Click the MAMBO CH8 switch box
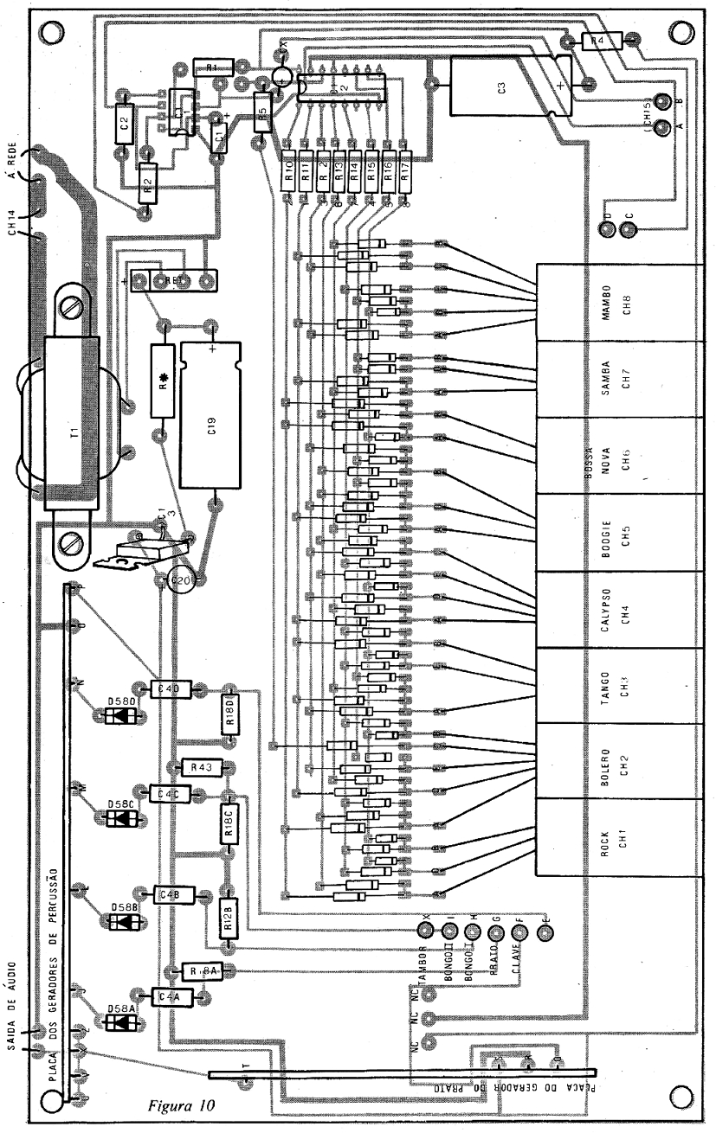[616, 302]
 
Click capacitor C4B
[173, 893]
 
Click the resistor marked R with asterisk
[164, 383]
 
